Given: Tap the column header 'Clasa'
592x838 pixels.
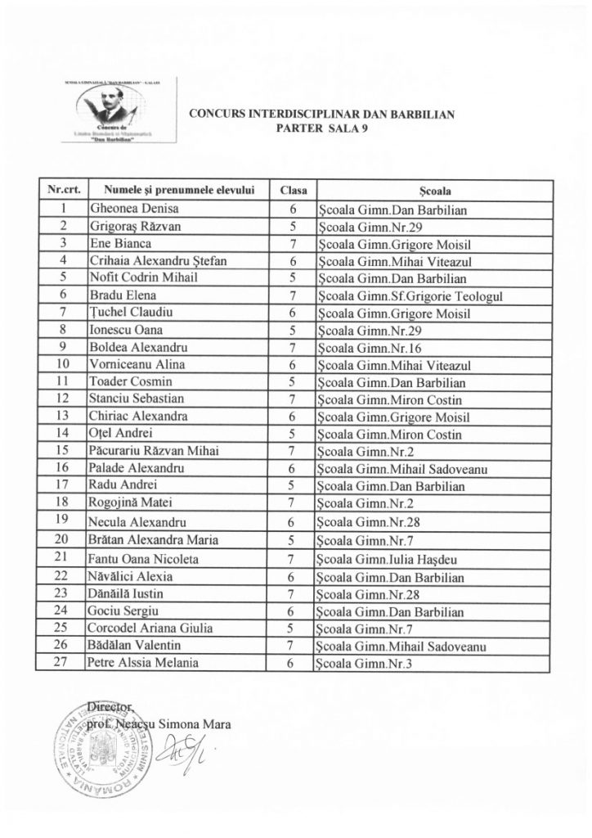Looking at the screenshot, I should (x=292, y=191).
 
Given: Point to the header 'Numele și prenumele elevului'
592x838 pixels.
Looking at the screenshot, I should (x=174, y=191).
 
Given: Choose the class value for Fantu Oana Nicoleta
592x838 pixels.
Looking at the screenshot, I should (x=292, y=560).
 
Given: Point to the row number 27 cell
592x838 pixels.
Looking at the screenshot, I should (x=62, y=663).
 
